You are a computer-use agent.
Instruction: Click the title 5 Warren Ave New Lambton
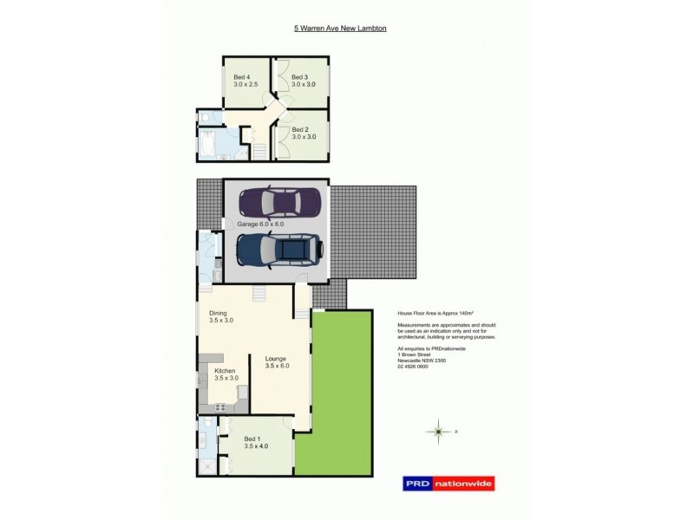(x=340, y=29)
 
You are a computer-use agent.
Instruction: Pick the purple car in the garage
(x=278, y=204)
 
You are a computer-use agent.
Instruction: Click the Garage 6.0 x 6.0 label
(x=260, y=224)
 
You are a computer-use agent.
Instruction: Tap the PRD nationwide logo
(x=444, y=485)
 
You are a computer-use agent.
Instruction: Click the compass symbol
(x=440, y=430)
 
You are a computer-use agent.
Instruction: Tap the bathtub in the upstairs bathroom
(x=213, y=143)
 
